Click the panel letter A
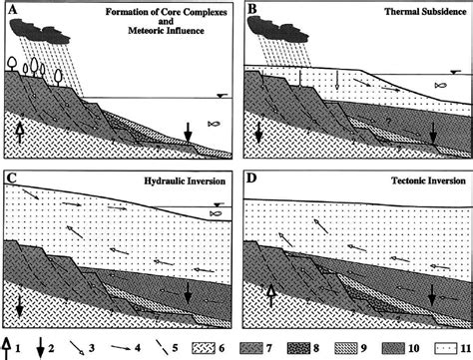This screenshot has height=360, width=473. pos(11,11)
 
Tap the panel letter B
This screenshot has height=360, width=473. pos(251,11)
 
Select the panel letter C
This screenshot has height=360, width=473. pos(12,180)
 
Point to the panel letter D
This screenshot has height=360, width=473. pos(251,180)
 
